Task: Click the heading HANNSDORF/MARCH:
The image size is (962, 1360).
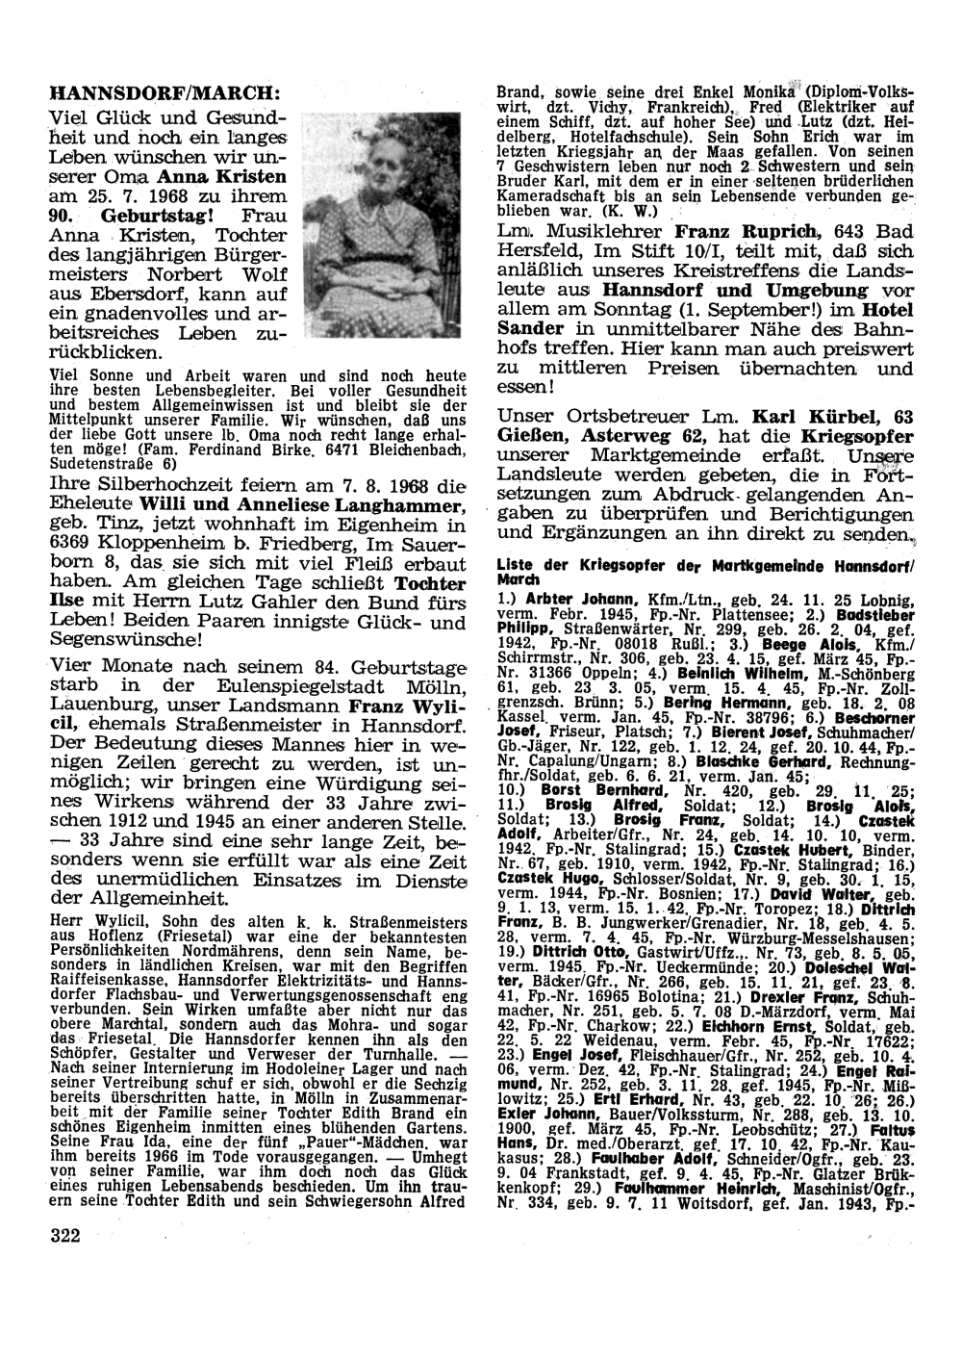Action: pyautogui.click(x=165, y=96)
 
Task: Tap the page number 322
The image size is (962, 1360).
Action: pyautogui.click(x=65, y=1234)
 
